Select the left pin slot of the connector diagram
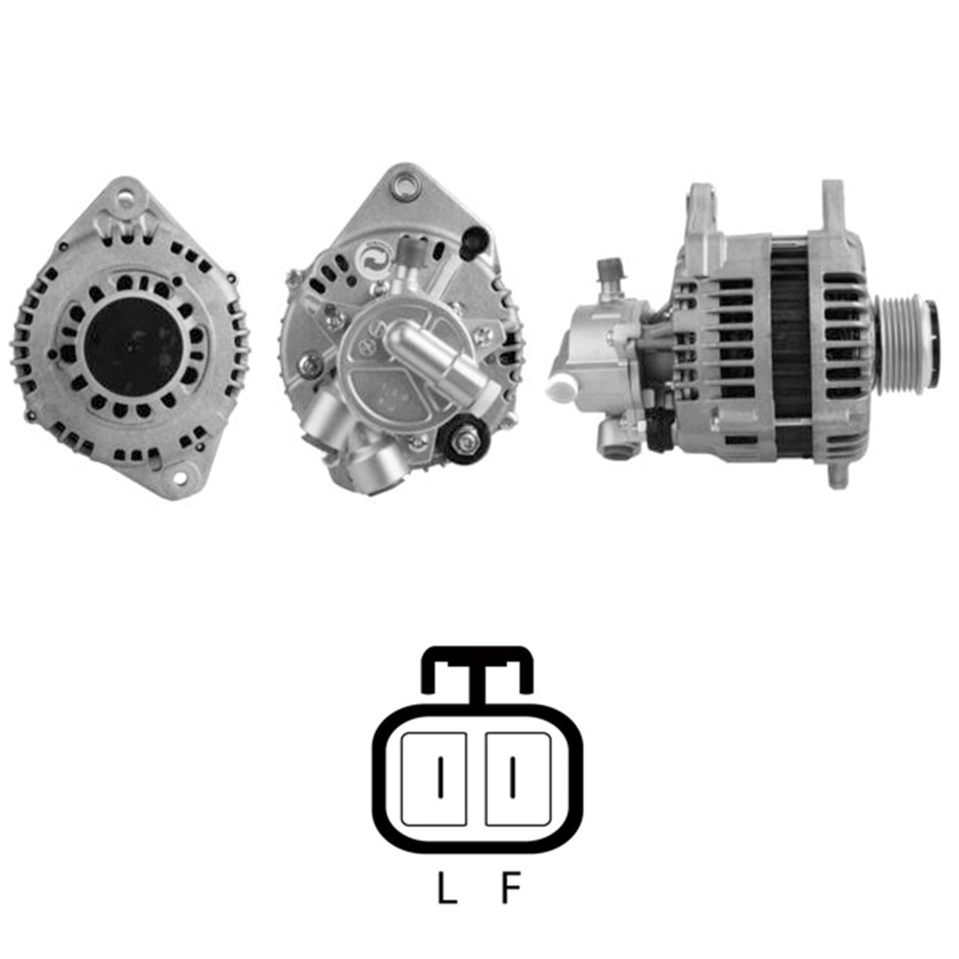click(433, 778)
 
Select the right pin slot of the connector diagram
click(518, 778)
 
